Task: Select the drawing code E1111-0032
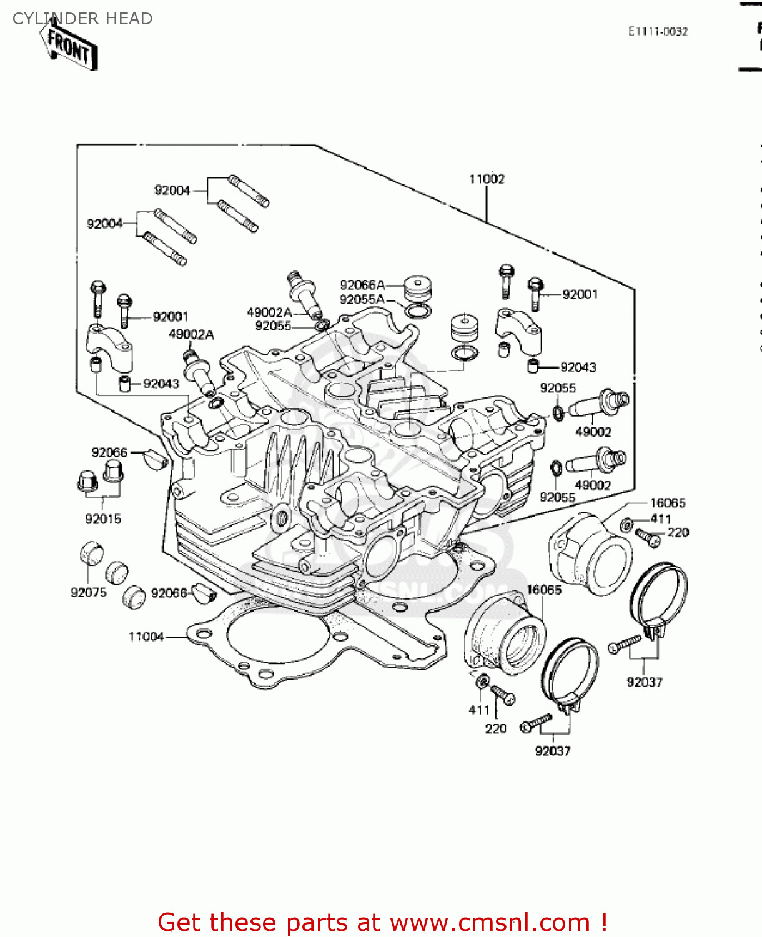(658, 32)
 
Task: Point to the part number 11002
(487, 179)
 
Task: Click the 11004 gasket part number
(146, 637)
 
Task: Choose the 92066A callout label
(362, 285)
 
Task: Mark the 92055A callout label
(362, 300)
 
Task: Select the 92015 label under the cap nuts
(103, 518)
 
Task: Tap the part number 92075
(88, 592)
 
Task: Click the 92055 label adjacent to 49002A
(273, 326)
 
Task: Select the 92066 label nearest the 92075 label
(169, 592)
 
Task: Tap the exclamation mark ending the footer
(604, 922)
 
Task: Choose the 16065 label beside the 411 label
(668, 503)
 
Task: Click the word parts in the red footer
(316, 922)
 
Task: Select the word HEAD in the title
(129, 19)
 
